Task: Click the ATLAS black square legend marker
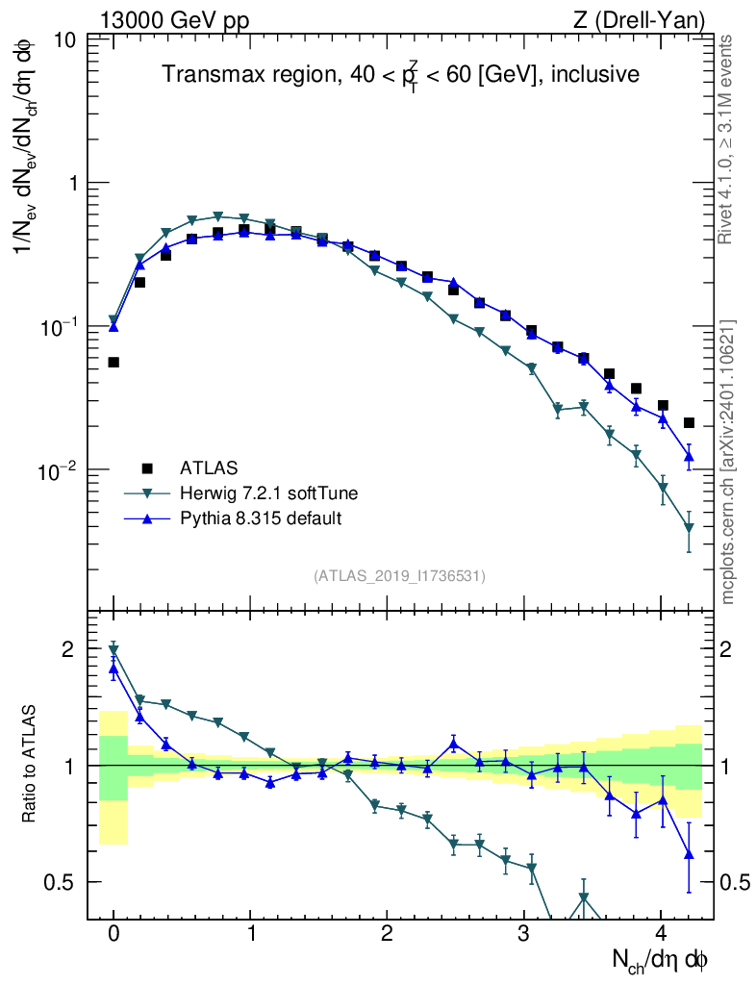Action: pos(147,468)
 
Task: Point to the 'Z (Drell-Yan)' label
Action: pos(649,18)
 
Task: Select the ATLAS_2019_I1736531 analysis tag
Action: pos(399,576)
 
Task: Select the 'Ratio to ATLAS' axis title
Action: pos(30,765)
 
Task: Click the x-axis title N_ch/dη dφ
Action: pos(663,960)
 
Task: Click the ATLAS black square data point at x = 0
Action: pos(113,363)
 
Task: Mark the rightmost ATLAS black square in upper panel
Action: pos(689,423)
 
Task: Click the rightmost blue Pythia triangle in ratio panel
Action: pos(689,853)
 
